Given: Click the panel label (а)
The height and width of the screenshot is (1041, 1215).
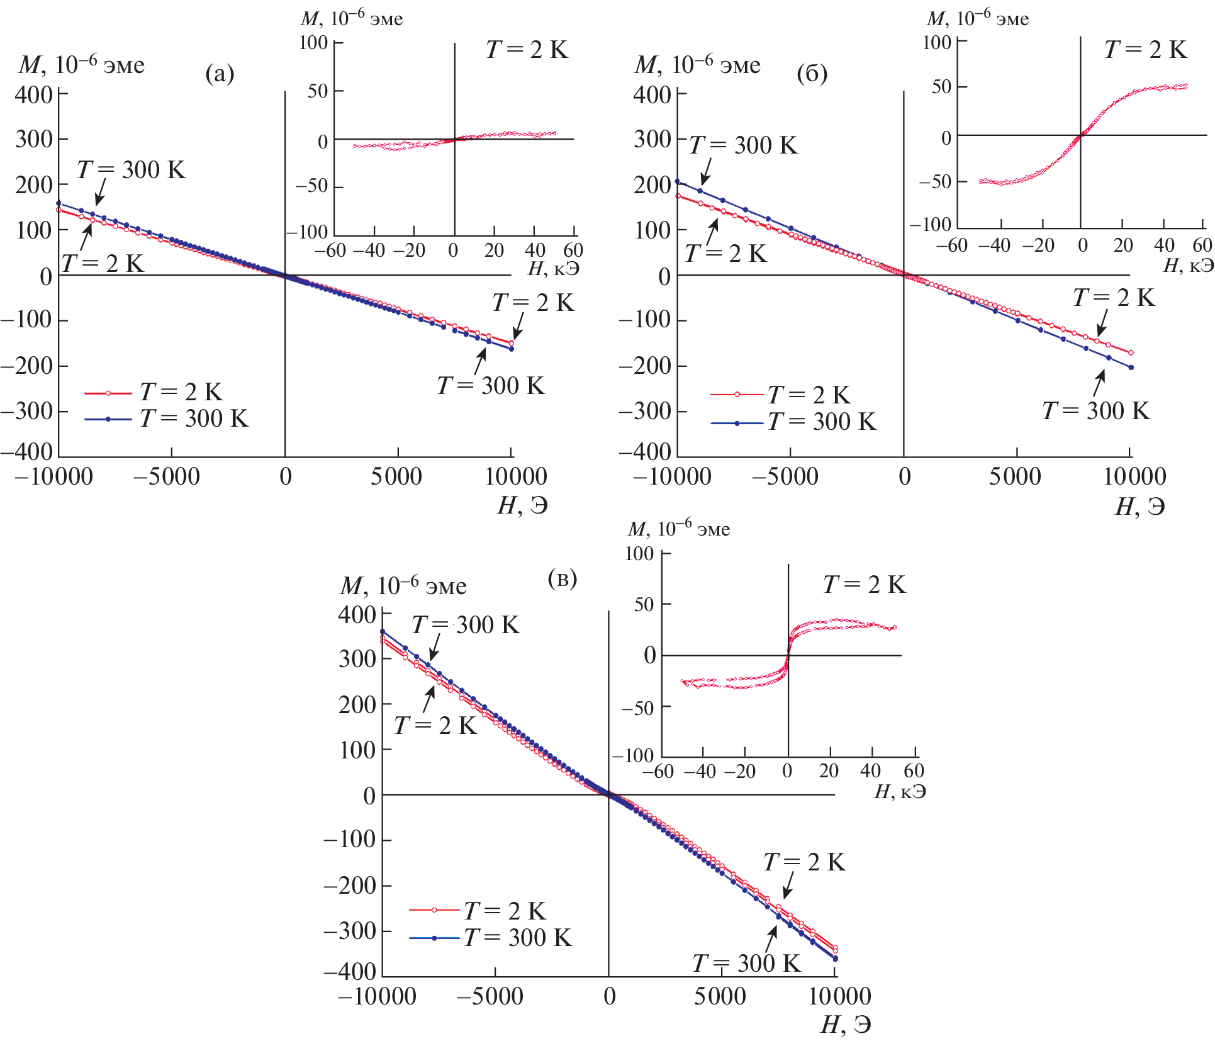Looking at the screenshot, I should coord(220,74).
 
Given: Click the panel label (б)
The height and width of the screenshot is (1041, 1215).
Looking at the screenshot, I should coord(812,74).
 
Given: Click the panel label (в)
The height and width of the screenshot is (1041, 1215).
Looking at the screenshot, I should coord(562,578).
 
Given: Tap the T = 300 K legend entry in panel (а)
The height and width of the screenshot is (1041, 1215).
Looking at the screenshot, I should coord(194,419).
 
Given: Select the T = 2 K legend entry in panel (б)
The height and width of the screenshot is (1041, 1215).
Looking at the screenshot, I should coord(809,395).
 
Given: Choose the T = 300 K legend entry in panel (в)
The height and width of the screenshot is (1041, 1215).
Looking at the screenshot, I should coord(517,938).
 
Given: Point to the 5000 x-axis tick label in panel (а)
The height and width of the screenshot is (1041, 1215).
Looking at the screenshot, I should coord(396,476).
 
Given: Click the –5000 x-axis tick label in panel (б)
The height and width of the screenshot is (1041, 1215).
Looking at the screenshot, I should coord(785,476).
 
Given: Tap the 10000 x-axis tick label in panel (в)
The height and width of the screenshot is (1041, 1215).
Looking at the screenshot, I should coord(839,996).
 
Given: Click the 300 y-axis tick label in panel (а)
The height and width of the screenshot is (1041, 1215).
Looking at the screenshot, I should coord(34,139).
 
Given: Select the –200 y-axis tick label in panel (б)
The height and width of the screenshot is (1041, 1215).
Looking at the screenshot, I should coord(644,366).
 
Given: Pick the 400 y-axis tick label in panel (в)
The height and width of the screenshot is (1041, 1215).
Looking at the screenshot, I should coord(357,615).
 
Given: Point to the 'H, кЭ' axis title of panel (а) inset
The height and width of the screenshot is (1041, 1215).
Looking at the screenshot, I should coord(553,269).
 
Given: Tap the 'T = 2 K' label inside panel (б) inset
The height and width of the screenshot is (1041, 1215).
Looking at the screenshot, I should coord(1145,50).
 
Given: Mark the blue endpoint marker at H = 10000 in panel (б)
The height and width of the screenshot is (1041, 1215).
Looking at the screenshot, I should coord(1131,368).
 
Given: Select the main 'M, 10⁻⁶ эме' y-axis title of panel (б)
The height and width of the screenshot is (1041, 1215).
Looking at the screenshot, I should coord(697,65).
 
